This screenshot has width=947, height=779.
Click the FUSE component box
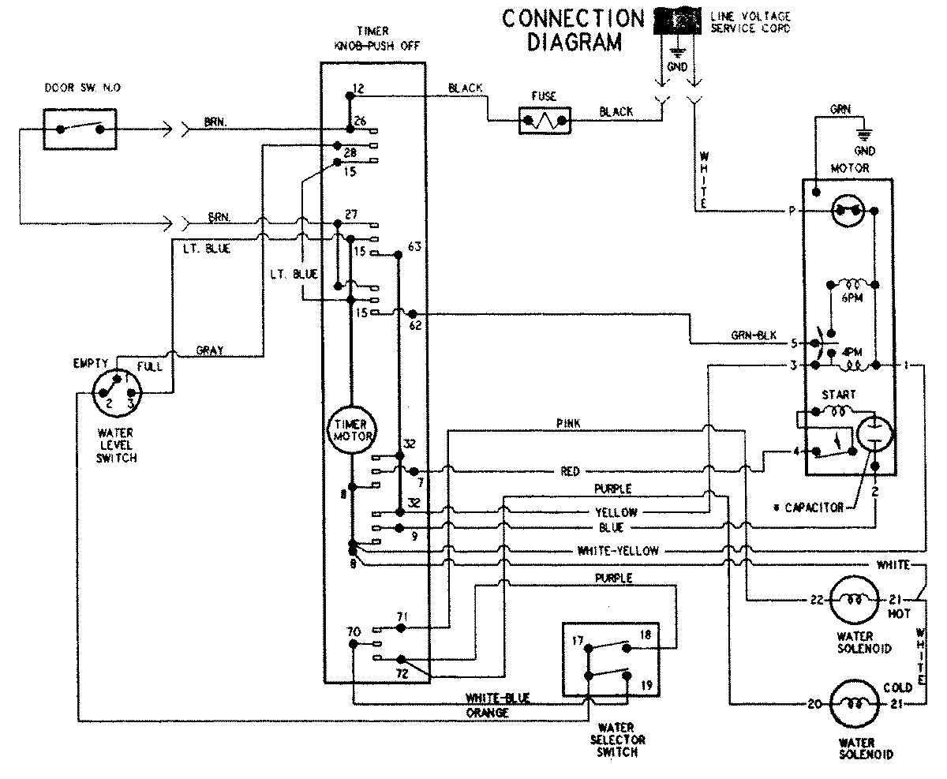click(x=544, y=121)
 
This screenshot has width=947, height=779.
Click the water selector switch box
click(x=607, y=658)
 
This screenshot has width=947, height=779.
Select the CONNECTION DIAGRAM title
click(x=573, y=29)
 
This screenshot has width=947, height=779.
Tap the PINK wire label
click(x=568, y=425)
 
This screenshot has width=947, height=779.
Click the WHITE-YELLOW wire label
click(x=617, y=551)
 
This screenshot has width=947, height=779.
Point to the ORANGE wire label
click(x=488, y=713)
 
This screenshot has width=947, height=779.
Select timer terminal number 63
click(x=415, y=247)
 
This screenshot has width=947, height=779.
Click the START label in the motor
click(x=838, y=394)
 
